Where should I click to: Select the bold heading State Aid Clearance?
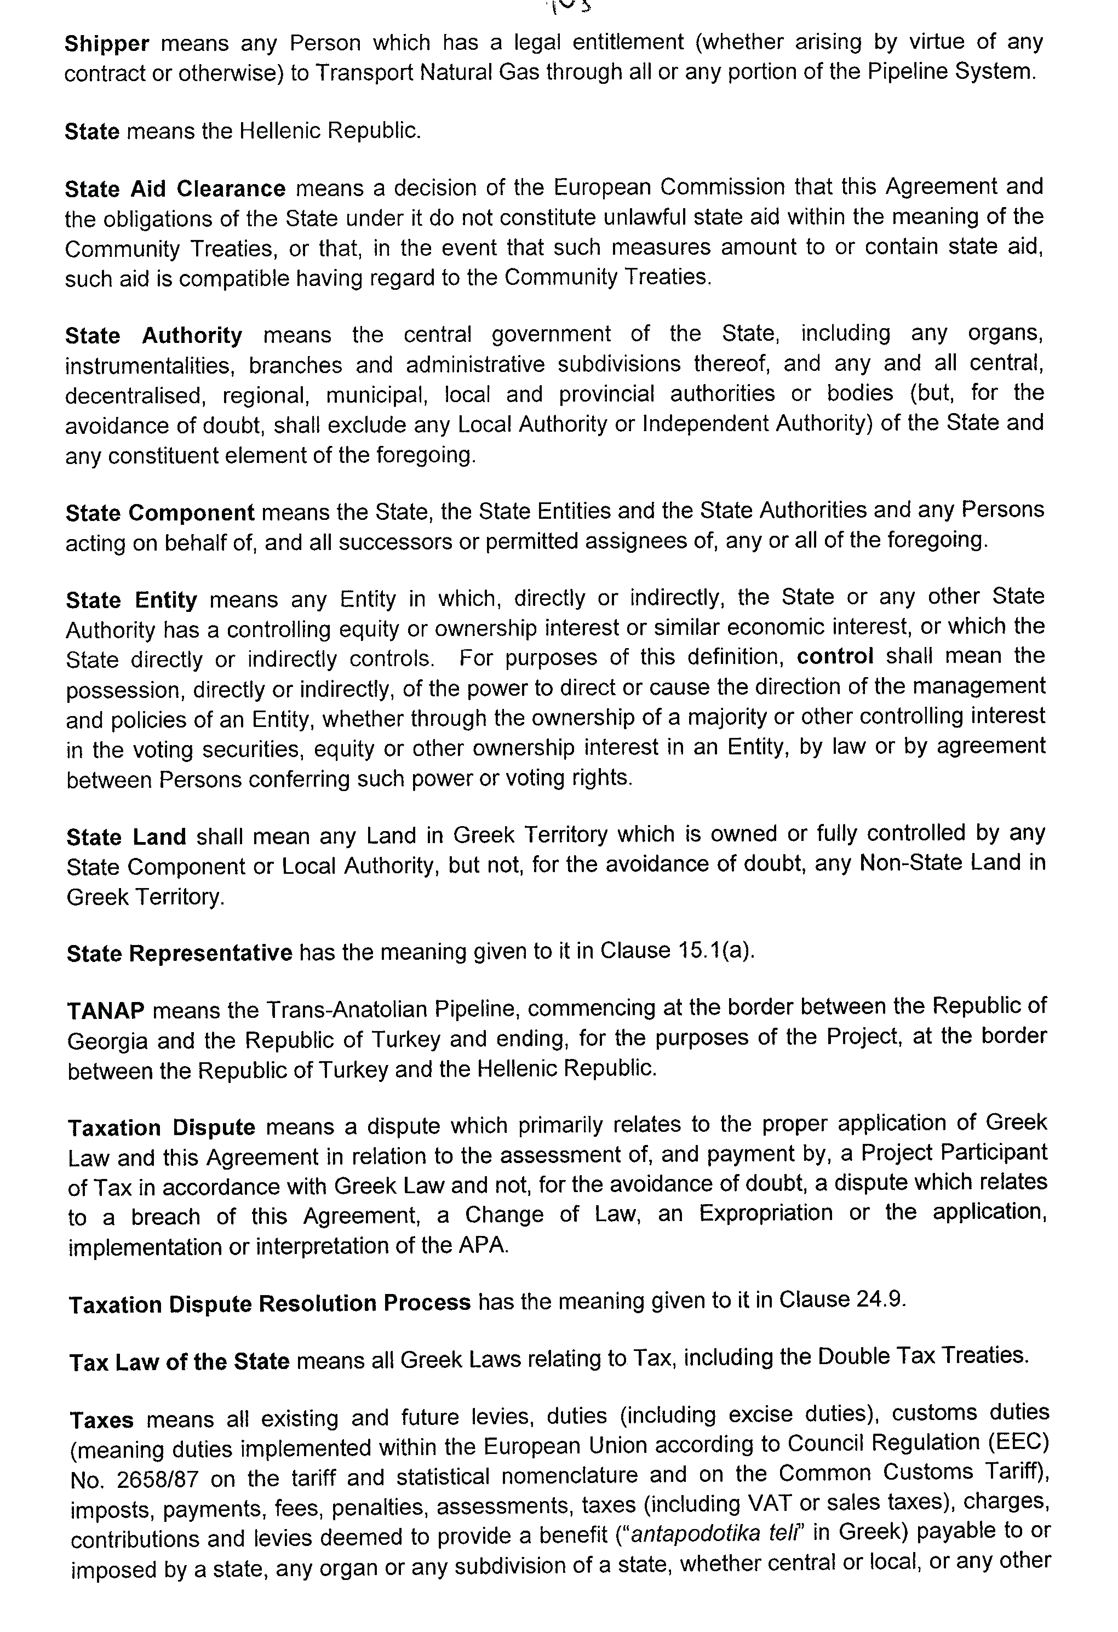pos(175,189)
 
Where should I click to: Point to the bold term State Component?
pos(160,513)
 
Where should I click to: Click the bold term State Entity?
pos(131,600)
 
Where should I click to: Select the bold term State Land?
pos(127,837)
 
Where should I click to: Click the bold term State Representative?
pos(180,953)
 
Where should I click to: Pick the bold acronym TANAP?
pos(106,1011)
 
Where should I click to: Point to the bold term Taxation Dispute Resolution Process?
pos(270,1303)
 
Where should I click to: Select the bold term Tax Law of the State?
pos(180,1361)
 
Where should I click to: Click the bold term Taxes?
pos(102,1420)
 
